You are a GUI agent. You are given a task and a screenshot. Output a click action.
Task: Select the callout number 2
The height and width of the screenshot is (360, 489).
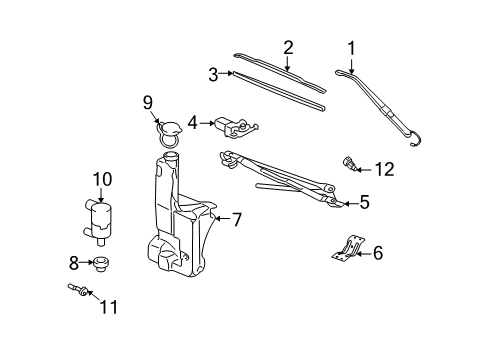pyautogui.click(x=288, y=46)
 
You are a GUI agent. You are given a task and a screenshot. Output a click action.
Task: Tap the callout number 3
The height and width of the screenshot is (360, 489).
pyautogui.click(x=213, y=73)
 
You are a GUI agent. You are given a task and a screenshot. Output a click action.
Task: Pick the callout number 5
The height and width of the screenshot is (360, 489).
pyautogui.click(x=364, y=202)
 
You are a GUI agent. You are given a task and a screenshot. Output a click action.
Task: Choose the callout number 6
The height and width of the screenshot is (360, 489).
pyautogui.click(x=377, y=253)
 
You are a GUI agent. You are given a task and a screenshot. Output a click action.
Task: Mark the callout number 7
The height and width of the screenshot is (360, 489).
pyautogui.click(x=236, y=218)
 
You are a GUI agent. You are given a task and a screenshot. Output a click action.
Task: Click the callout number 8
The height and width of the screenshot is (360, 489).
pyautogui.click(x=74, y=264)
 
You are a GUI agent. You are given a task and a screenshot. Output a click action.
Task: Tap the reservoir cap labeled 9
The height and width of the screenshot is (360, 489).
pyautogui.click(x=169, y=129)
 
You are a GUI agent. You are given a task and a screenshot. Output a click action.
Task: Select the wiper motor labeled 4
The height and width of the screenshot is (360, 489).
pyautogui.click(x=235, y=128)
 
